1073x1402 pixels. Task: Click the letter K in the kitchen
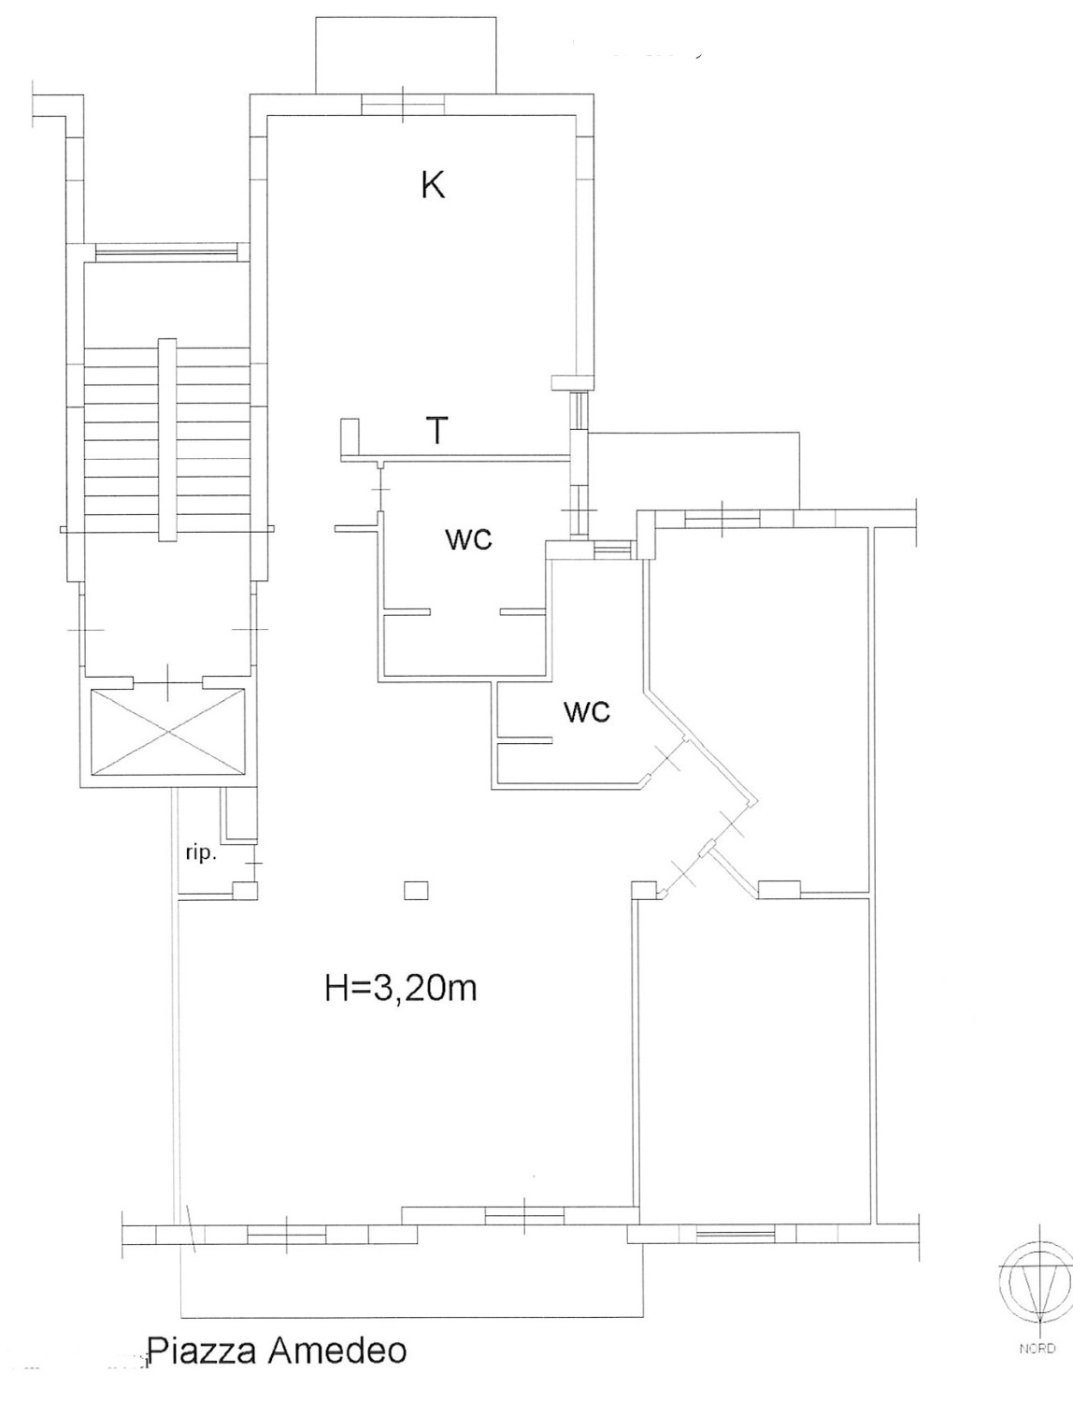click(433, 186)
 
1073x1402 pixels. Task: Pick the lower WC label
click(586, 711)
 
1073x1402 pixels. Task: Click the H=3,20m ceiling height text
click(401, 990)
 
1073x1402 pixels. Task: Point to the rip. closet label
click(201, 854)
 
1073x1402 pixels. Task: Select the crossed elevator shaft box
click(168, 731)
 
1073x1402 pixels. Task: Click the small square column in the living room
click(417, 891)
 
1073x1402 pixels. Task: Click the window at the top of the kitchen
click(402, 104)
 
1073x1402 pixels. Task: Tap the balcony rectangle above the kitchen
click(407, 55)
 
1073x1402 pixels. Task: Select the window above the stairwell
click(166, 252)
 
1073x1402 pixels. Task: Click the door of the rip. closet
click(255, 863)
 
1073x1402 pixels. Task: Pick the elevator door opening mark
click(168, 682)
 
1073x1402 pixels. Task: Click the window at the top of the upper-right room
click(722, 518)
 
